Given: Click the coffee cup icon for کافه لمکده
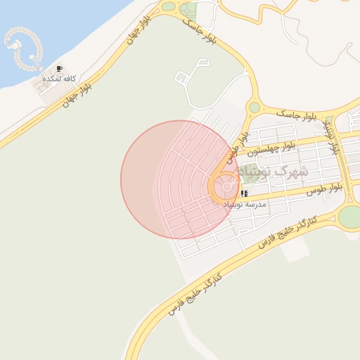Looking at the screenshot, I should (59, 69).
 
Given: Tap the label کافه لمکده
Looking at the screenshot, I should (59, 79).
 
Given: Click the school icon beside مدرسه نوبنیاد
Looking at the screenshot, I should (243, 193).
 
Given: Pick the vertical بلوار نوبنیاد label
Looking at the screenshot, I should (333, 137).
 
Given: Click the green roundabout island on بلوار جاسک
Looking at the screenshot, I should (254, 108).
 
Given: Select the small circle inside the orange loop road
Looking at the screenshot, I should (226, 187).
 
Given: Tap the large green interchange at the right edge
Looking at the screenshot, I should (349, 217).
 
